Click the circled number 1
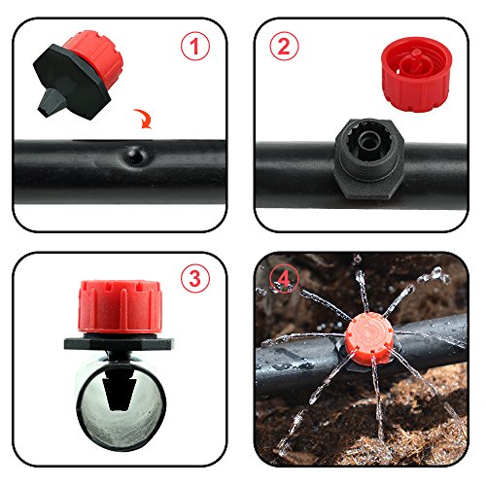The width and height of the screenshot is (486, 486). [195, 47]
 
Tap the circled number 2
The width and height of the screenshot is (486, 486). [284, 46]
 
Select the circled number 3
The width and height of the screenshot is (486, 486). [195, 278]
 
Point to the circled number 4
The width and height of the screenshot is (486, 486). [284, 279]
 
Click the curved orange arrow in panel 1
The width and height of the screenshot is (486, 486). [144, 119]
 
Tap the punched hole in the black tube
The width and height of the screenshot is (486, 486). [135, 156]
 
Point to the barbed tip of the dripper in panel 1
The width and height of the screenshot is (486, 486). [46, 103]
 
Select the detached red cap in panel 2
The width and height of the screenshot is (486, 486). [416, 74]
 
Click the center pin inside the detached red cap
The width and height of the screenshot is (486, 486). [417, 55]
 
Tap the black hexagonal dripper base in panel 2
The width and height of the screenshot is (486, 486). [368, 157]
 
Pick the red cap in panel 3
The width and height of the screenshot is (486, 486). [121, 306]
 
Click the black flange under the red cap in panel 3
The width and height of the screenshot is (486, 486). [119, 343]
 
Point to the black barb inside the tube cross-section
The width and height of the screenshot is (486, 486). [120, 392]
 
